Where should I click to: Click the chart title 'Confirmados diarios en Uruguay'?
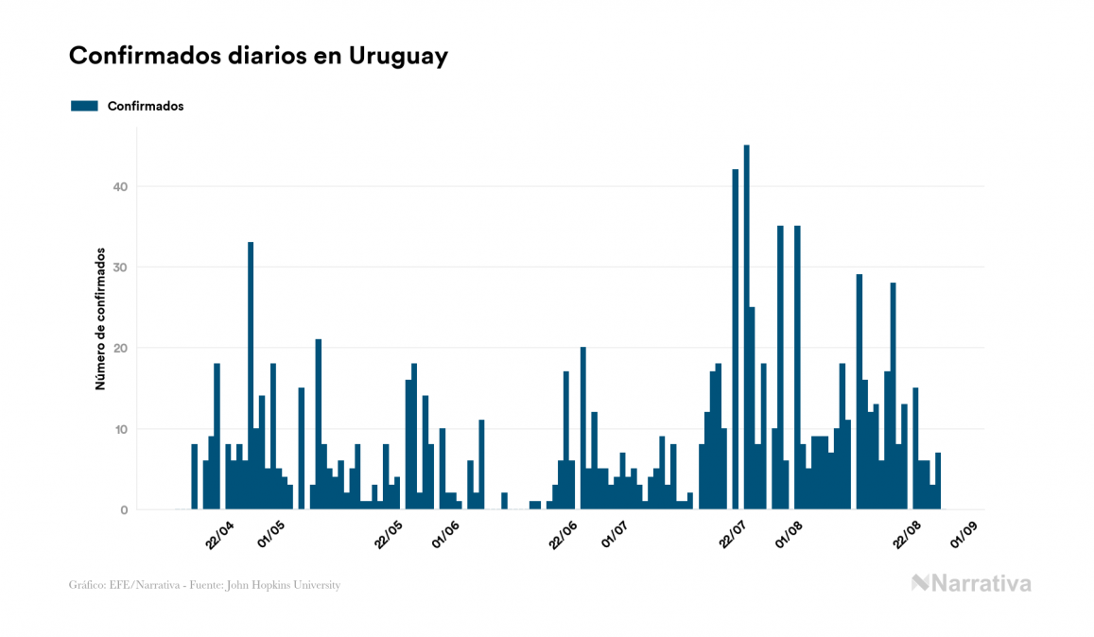[x=258, y=56]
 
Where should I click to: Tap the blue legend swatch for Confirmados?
[x=84, y=106]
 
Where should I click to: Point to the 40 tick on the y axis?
[x=119, y=187]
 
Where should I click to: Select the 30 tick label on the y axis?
[x=119, y=267]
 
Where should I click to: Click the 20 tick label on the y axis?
[x=119, y=349]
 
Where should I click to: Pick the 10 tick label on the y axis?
[x=119, y=430]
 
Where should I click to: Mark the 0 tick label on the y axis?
[x=123, y=510]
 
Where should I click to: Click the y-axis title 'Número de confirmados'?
[x=99, y=319]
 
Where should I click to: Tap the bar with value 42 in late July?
[x=735, y=339]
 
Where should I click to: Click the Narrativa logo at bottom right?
[x=971, y=583]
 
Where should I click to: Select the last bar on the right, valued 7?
[x=938, y=482]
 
